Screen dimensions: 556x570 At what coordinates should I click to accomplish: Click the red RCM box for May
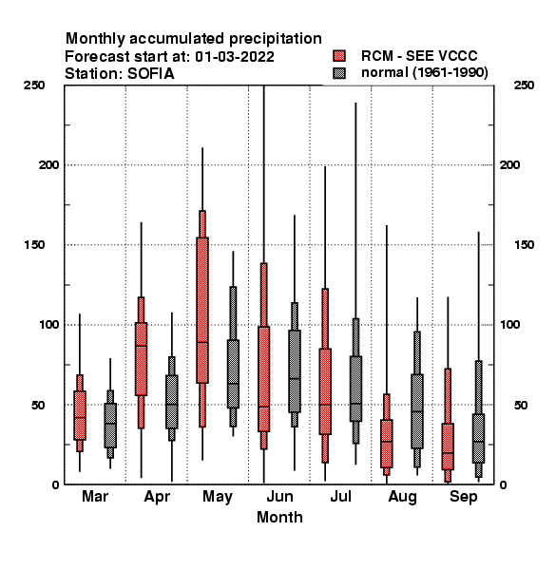[x=202, y=310]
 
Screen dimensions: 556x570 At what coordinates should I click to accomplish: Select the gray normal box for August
[x=417, y=411]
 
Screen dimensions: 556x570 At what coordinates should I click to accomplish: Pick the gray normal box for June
[x=295, y=371]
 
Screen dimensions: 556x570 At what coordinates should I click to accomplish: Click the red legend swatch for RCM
[x=339, y=56]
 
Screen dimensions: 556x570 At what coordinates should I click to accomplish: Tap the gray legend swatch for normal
[x=339, y=73]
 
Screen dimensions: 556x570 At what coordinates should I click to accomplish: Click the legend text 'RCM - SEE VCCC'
[x=419, y=56]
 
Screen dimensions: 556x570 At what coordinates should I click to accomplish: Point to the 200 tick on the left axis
[x=48, y=165]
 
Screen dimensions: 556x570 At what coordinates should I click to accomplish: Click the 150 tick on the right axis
[x=524, y=245]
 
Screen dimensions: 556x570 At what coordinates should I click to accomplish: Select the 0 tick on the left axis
[x=55, y=484]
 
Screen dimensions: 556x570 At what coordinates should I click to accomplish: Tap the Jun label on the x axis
[x=279, y=496]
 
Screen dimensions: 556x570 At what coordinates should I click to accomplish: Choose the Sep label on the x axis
[x=463, y=497]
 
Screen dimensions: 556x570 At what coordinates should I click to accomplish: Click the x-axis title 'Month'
[x=279, y=517]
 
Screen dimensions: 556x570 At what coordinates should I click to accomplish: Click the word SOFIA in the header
[x=150, y=74]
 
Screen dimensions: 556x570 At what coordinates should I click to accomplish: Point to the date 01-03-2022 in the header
[x=235, y=57]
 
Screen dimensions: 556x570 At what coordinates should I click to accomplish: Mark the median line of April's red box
[x=141, y=346]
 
